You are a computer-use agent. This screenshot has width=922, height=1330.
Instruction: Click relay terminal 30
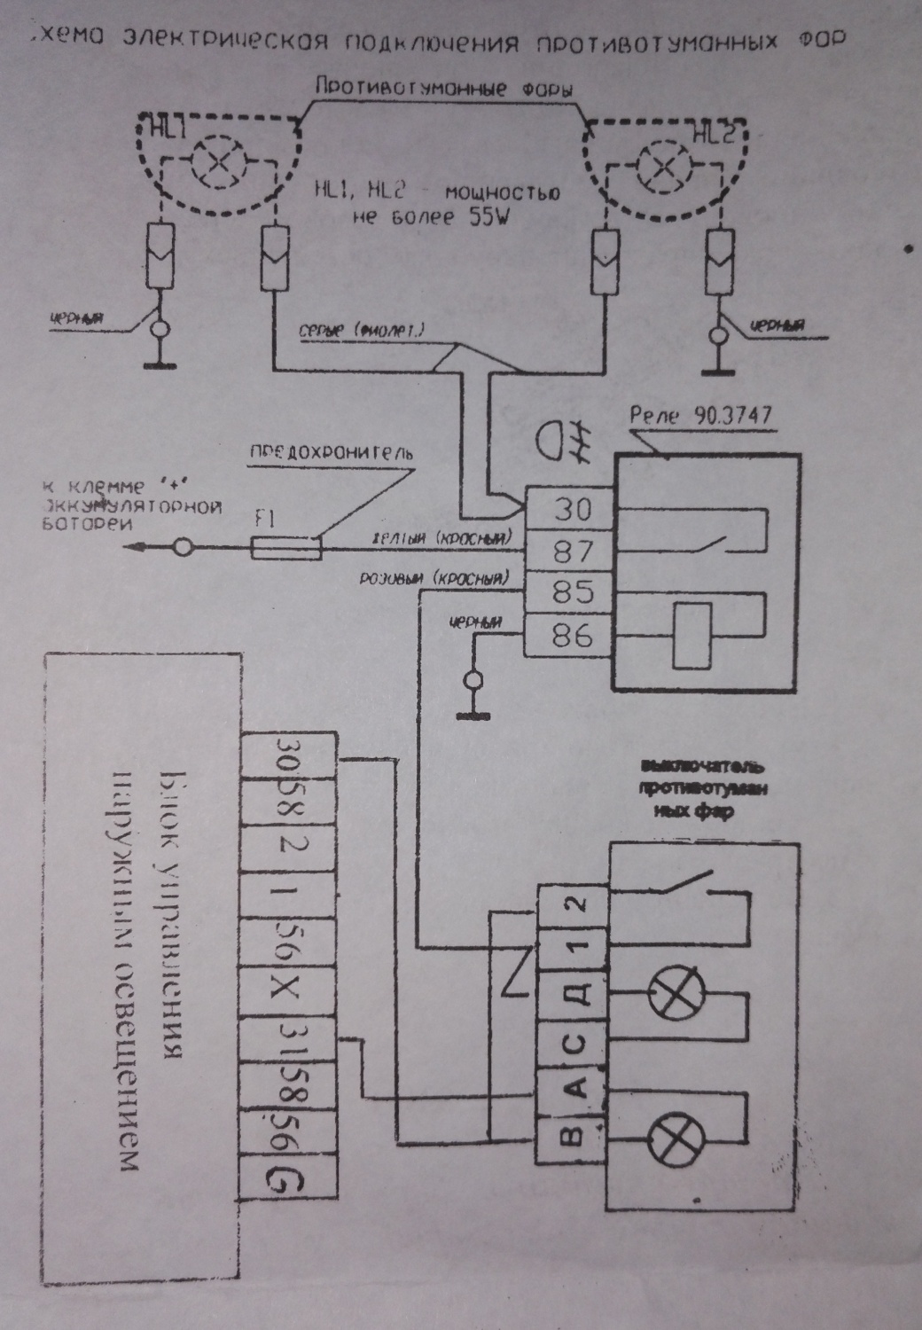[x=571, y=508]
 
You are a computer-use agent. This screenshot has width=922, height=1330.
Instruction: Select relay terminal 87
[x=571, y=551]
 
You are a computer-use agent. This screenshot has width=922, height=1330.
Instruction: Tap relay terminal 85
[x=571, y=591]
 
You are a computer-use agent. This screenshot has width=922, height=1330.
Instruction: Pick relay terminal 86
[x=571, y=635]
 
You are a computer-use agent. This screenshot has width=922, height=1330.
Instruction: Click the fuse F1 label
[x=263, y=521]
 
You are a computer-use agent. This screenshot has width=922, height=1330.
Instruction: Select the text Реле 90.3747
[x=700, y=416]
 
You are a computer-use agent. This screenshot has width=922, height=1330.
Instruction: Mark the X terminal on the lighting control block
[x=288, y=991]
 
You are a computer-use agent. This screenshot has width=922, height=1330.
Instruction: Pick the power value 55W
[x=485, y=217]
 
